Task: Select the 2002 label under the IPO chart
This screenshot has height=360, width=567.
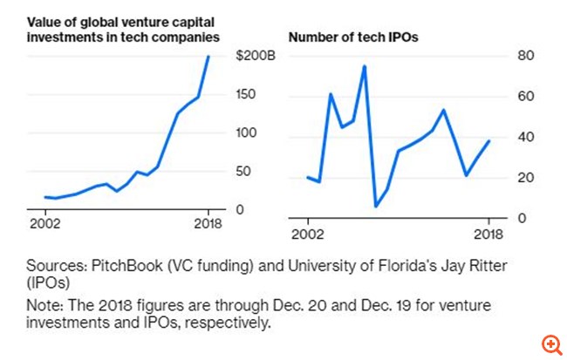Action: coord(307,234)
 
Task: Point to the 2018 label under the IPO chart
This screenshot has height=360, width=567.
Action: coord(488,234)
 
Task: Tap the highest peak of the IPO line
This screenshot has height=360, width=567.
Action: coord(364,66)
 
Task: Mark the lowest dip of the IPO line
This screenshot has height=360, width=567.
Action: coord(376,207)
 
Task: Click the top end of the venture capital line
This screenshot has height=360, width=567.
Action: coord(208,57)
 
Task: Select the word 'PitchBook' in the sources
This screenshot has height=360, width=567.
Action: coord(115,267)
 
